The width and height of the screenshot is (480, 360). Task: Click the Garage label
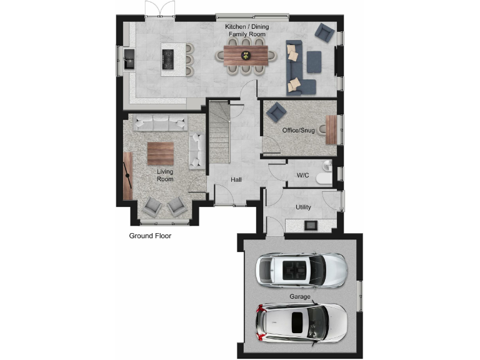click(x=300, y=297)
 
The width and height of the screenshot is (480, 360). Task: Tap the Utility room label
click(x=303, y=207)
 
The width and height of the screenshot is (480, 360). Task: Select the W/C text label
click(x=302, y=176)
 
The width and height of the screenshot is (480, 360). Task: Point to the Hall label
click(x=236, y=180)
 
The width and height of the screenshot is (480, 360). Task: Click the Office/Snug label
click(x=298, y=131)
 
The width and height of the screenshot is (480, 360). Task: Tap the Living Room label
click(x=165, y=175)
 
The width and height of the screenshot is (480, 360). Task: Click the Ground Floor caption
click(x=150, y=236)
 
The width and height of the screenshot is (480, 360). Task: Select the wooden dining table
click(x=246, y=54)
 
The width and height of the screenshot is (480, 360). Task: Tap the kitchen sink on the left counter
click(x=129, y=59)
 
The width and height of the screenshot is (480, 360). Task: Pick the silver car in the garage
click(x=301, y=269)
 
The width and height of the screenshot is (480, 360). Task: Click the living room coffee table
click(x=161, y=152)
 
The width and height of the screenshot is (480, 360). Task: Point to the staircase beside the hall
click(x=219, y=134)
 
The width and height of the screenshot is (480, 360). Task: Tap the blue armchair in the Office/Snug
click(x=276, y=112)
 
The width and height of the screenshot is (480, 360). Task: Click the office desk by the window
click(x=331, y=130)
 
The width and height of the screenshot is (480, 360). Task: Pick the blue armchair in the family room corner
click(x=324, y=32)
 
